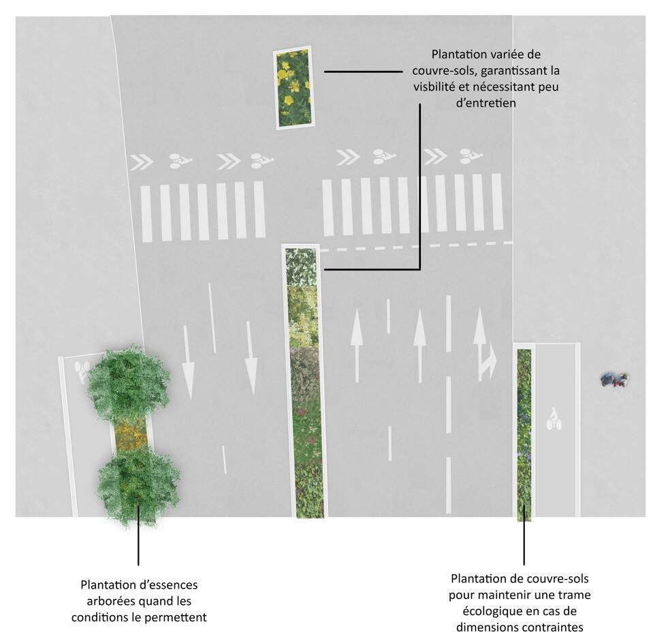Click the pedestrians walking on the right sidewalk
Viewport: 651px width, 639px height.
[x=616, y=379]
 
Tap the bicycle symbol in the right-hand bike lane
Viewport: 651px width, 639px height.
[x=554, y=419]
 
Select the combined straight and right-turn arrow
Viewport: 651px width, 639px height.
[x=484, y=344]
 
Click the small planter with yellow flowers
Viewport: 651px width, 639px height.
[x=293, y=87]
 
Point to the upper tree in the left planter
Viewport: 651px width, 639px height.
[x=129, y=383]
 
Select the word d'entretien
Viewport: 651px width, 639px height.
[x=486, y=103]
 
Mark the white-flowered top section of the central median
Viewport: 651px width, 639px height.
[x=301, y=267]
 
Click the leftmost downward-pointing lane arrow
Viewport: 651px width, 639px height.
[x=188, y=362]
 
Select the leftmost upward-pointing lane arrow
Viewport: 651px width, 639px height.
[x=357, y=345]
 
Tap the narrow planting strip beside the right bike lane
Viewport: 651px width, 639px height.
[x=524, y=435]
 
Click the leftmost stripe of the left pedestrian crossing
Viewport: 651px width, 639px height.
[x=146, y=214]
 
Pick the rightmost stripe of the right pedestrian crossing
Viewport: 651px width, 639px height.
[x=497, y=202]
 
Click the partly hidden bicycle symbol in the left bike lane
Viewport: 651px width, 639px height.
[x=82, y=371]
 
